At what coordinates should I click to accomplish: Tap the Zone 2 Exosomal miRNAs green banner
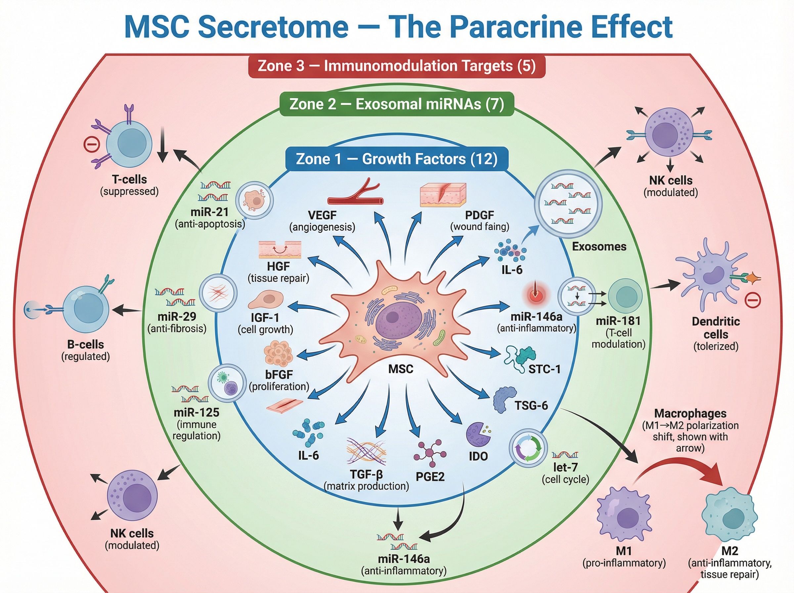pyautogui.click(x=396, y=104)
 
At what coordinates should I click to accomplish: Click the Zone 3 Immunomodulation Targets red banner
pyautogui.click(x=396, y=66)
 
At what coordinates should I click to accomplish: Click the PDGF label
pyautogui.click(x=479, y=215)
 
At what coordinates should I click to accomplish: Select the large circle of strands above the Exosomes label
pyautogui.click(x=568, y=204)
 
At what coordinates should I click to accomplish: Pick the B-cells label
pyautogui.click(x=85, y=344)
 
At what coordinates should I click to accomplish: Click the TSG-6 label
pyautogui.click(x=531, y=405)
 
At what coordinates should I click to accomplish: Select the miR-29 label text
pyautogui.click(x=177, y=317)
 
